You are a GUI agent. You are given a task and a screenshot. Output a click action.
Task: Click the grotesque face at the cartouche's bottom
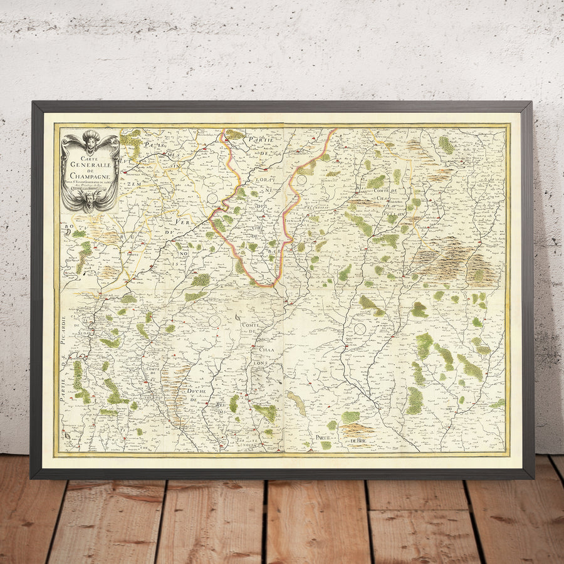(x=90, y=201)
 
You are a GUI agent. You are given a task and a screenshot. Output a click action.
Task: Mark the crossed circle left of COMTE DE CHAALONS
(x=215, y=321)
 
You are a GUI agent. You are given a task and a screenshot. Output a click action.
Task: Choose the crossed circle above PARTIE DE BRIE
(x=360, y=328)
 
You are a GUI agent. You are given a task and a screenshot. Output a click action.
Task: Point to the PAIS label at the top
(x=148, y=145)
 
